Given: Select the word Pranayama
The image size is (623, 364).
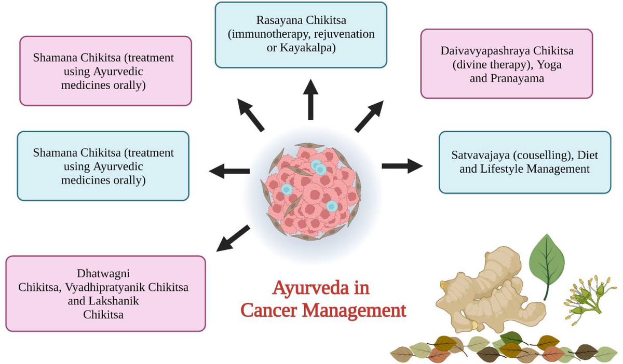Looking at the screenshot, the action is [517, 78].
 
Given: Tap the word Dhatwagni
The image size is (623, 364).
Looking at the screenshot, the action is [103, 274].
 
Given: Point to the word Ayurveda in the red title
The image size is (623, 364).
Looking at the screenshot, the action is [310, 288].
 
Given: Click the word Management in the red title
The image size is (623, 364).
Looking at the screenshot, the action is [354, 311].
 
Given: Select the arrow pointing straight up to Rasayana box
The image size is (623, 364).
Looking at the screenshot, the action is [310, 100].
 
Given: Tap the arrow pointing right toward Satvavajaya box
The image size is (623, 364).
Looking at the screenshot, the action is [402, 166].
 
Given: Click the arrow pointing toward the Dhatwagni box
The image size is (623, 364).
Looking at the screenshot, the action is [233, 238].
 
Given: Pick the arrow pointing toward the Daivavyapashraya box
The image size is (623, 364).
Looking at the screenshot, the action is [369, 116].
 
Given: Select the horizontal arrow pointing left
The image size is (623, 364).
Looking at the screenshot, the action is [229, 171].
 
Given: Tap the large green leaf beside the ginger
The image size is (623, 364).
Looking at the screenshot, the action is [547, 261].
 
